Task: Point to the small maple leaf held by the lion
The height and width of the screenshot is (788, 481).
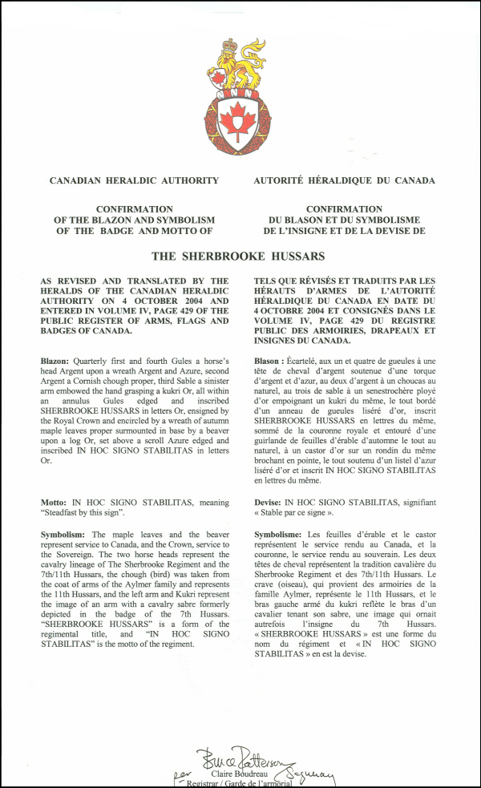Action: pyautogui.click(x=217, y=78)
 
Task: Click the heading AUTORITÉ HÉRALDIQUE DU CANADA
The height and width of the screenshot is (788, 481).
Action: pyautogui.click(x=344, y=181)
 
